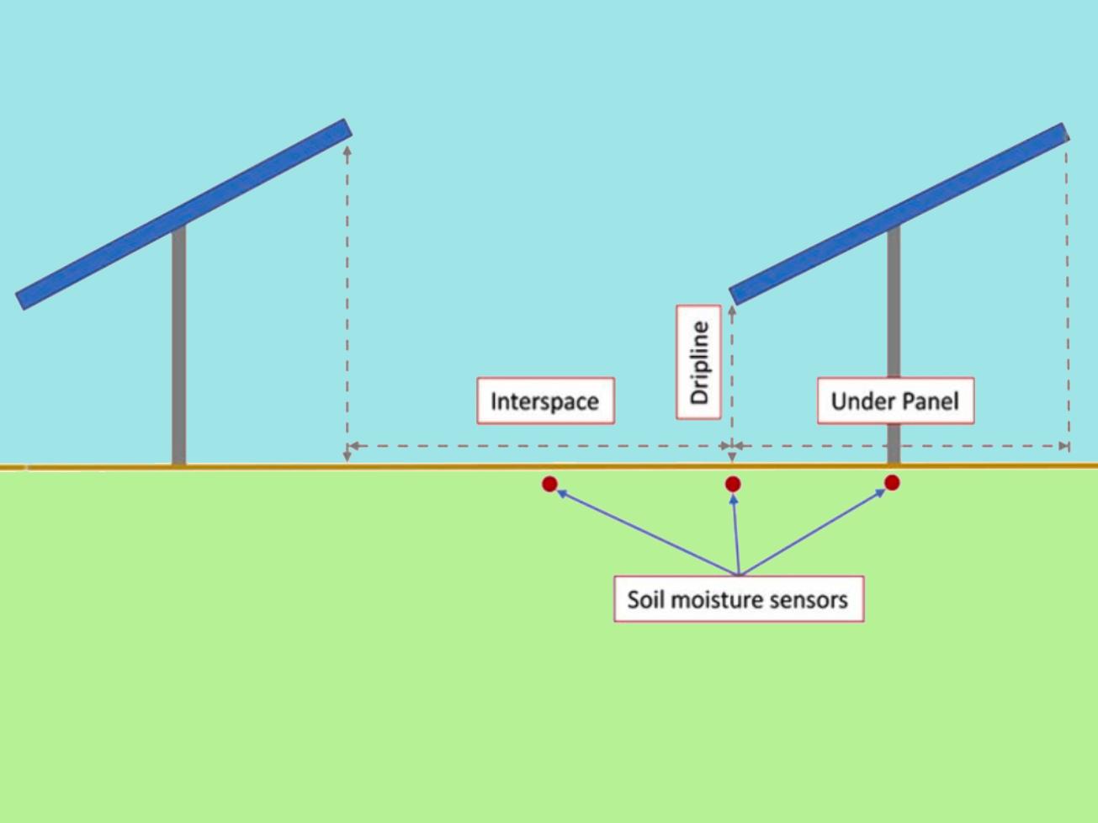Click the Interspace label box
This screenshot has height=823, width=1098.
(545, 401)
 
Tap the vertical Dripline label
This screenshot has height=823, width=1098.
(699, 362)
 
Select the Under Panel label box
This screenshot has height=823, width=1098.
(895, 401)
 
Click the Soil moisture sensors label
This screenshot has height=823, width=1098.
(738, 599)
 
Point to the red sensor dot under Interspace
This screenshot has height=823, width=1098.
(549, 484)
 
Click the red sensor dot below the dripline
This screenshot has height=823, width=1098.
(733, 484)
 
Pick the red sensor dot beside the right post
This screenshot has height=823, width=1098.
(892, 482)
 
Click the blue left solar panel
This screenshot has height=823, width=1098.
(183, 215)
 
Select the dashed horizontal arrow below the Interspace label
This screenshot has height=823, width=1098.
(538, 446)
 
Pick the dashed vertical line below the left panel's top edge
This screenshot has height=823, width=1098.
(347, 303)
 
